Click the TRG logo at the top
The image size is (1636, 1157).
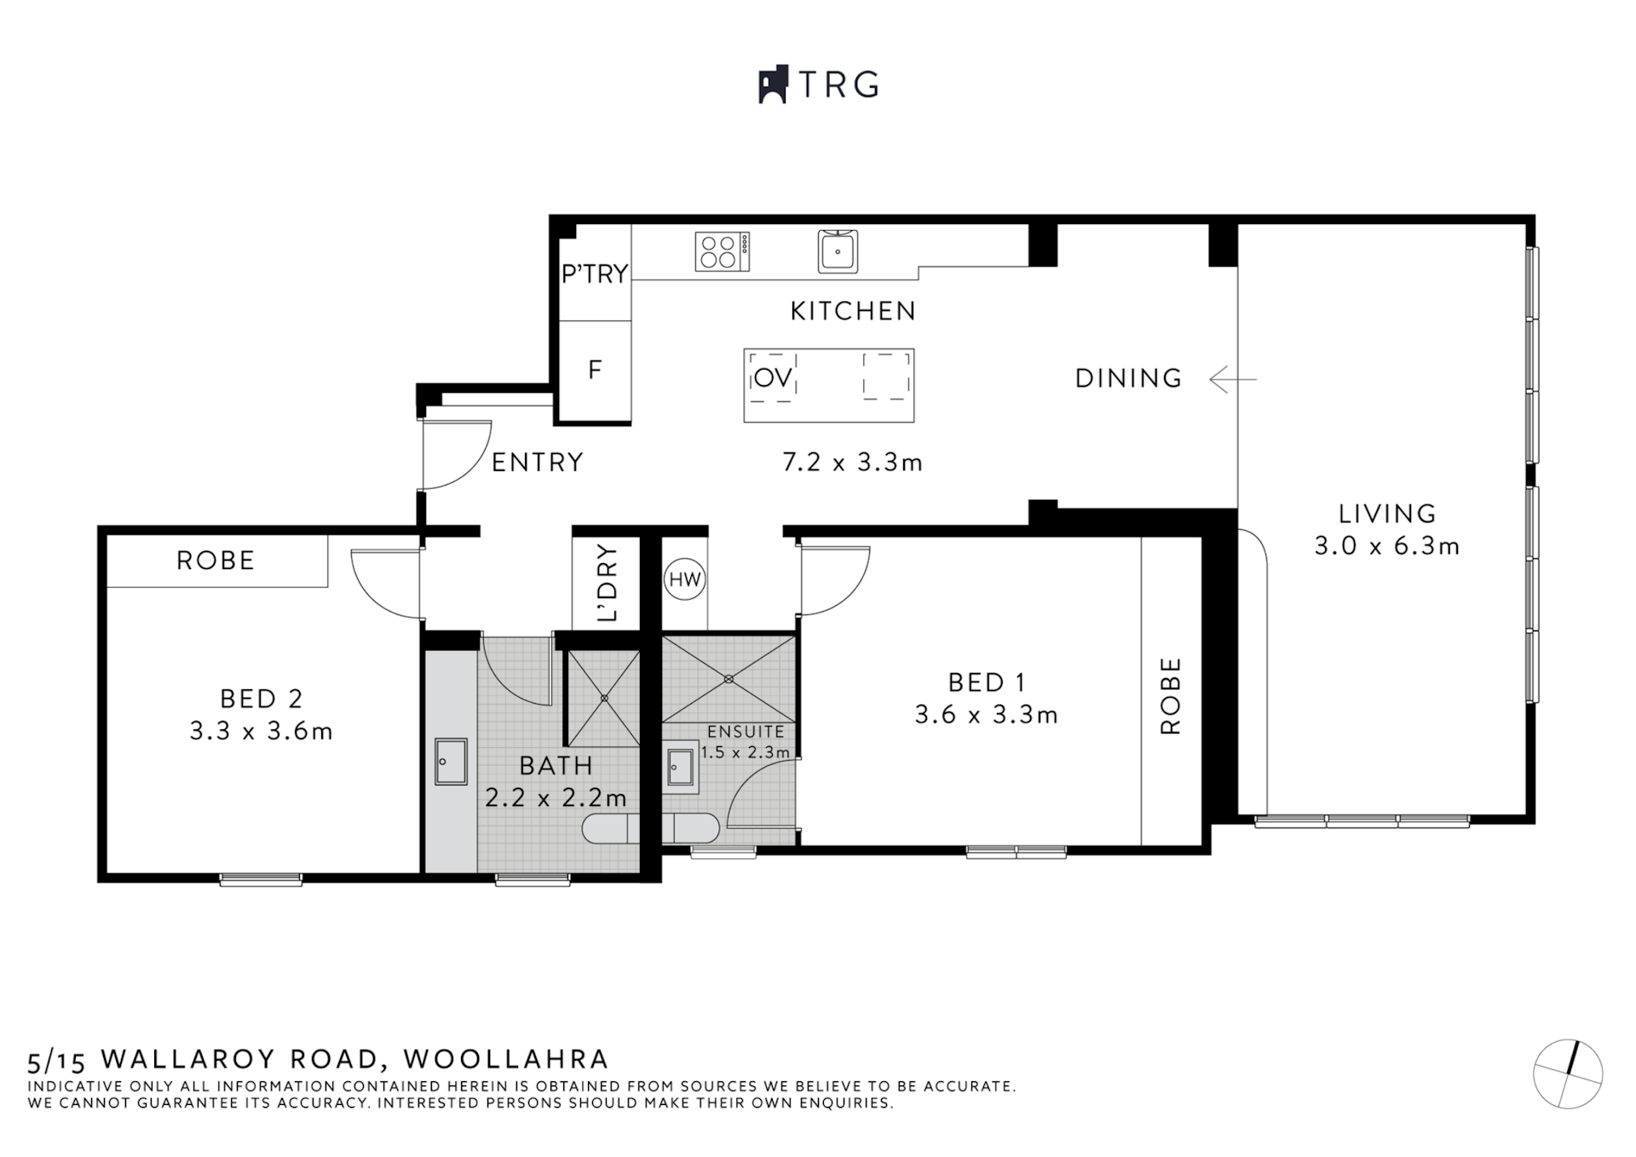coord(818,85)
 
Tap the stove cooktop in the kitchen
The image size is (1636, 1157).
coord(722,252)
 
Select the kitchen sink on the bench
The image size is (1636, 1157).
coord(838,251)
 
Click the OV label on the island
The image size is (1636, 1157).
coord(773,377)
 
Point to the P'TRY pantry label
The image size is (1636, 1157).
coord(595,273)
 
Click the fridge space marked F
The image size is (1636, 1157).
coord(595,370)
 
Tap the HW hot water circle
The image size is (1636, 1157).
coord(684,580)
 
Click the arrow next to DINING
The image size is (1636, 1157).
coord(1232,378)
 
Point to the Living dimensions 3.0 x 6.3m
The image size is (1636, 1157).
coord(1386,546)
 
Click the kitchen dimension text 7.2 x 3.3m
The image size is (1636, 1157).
coord(852,463)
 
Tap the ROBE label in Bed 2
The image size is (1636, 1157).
coord(216,561)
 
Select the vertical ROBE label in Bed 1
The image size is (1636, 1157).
coord(1171,695)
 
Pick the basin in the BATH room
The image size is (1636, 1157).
coord(451,761)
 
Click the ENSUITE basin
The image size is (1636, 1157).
coord(680,768)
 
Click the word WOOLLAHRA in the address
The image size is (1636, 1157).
coord(506,1059)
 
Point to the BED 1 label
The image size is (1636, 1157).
coord(986,682)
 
